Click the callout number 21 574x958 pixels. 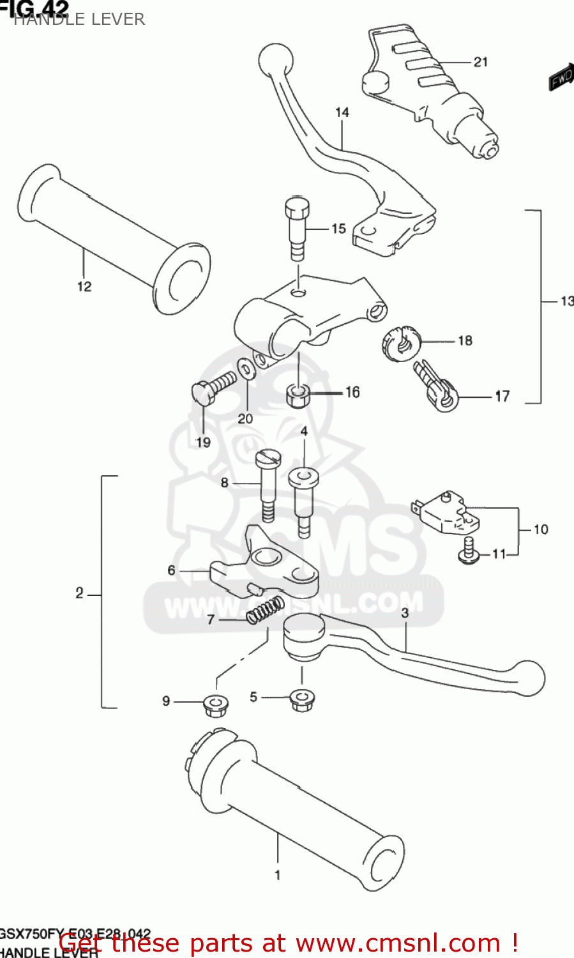pyautogui.click(x=481, y=62)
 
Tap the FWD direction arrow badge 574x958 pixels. pyautogui.click(x=561, y=77)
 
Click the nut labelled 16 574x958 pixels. pyautogui.click(x=298, y=395)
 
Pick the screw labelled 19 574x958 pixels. pyautogui.click(x=211, y=388)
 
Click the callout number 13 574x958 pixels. pyautogui.click(x=566, y=301)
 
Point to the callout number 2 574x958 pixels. pyautogui.click(x=79, y=593)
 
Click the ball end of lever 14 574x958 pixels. pyautogui.click(x=275, y=59)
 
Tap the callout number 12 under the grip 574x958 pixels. pyautogui.click(x=84, y=287)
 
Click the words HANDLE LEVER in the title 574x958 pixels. pyautogui.click(x=79, y=19)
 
